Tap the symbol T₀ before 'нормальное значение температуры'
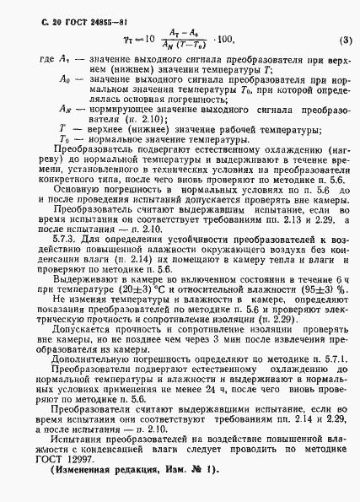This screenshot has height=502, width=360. click(44, 164)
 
